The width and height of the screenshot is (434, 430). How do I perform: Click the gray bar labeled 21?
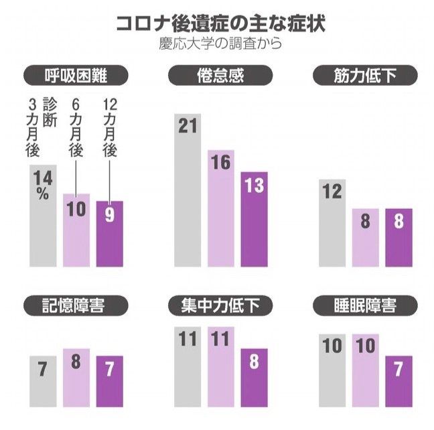(188, 191)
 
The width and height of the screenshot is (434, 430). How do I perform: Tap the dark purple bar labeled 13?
(254, 220)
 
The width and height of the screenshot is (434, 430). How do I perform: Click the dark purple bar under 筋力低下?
(398, 238)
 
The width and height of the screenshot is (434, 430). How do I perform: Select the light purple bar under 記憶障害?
(76, 378)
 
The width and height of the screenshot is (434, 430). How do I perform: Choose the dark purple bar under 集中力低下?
(254, 378)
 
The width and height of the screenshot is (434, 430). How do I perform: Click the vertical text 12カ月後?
(110, 129)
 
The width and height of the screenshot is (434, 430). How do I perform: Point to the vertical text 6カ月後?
(76, 129)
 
